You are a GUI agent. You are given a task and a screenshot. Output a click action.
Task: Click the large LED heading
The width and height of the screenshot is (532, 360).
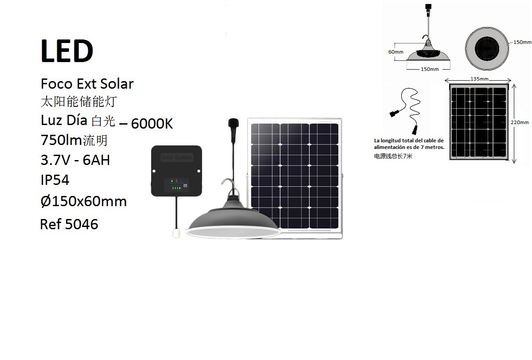tap(67, 51)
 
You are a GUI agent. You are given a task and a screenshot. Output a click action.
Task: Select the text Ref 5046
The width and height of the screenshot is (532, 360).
tap(69, 224)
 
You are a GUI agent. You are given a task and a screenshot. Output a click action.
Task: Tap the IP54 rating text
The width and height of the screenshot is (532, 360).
tap(55, 180)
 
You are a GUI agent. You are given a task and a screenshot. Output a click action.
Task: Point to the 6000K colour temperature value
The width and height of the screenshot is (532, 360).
tap(152, 124)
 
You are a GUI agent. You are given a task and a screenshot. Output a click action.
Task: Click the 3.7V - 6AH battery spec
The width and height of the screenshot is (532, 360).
tap(75, 160)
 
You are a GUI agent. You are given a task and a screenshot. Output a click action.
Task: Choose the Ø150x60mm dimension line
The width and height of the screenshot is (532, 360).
tap(84, 201)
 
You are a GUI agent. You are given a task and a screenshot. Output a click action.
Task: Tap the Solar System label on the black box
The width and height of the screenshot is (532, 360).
tap(176, 157)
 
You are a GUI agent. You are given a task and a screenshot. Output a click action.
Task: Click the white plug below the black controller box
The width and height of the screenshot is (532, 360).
tap(176, 233)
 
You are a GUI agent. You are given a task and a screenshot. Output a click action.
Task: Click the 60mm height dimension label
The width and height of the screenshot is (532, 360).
tap(395, 52)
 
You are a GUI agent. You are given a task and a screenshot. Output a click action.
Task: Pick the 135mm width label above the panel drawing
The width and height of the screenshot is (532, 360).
tap(479, 79)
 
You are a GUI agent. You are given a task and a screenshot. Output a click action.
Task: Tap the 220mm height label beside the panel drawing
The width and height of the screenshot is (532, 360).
tap(520, 122)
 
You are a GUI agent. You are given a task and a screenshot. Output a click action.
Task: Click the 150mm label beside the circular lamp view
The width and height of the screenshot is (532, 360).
tap(522, 42)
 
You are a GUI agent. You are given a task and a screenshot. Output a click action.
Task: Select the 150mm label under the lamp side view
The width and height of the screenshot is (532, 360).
tap(430, 69)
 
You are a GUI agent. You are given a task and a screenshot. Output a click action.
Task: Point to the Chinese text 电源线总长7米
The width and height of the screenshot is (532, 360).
tap(393, 156)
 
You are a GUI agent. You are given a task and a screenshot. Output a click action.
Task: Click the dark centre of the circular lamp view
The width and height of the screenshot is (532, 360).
tap(487, 48)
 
